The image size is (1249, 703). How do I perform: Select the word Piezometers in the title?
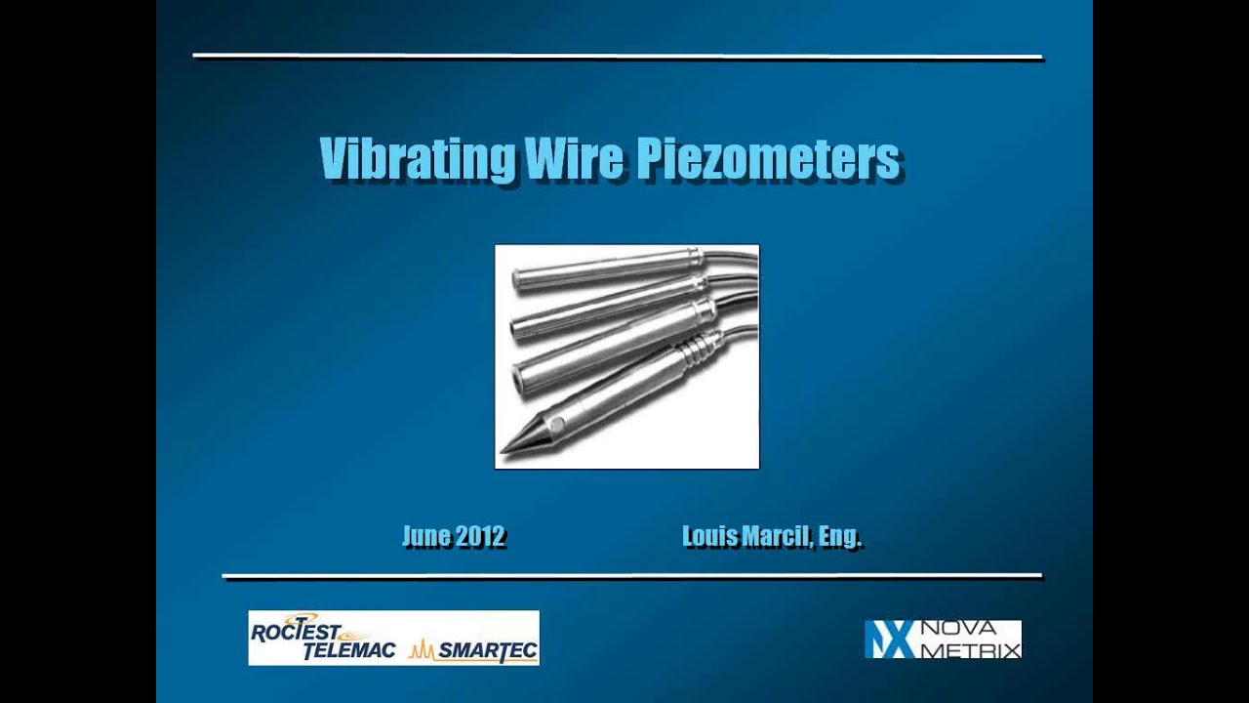point(767,158)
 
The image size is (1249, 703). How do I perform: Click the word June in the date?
point(426,536)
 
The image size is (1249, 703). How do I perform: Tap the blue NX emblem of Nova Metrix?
point(889,640)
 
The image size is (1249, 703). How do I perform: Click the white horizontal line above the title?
point(618,57)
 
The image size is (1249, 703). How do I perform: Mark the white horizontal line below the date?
point(631,576)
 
